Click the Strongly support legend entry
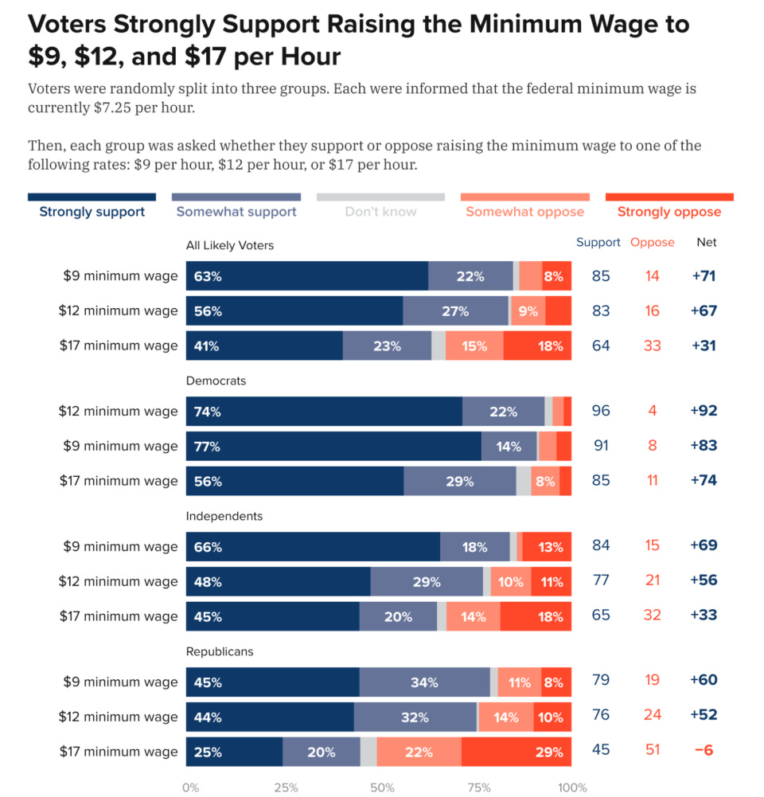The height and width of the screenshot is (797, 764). [92, 212]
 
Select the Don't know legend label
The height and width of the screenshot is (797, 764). [380, 212]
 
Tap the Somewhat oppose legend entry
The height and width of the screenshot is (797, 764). [525, 212]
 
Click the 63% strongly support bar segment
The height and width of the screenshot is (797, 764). [307, 276]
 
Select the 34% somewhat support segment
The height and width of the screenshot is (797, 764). [424, 682]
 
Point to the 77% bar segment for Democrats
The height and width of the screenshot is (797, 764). [333, 447]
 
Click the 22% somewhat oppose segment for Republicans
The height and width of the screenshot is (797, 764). [419, 752]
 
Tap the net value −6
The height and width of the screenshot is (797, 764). [704, 750]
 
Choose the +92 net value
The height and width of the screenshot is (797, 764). [704, 412]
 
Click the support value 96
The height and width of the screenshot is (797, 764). [601, 412]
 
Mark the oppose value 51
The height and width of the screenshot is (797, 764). [653, 750]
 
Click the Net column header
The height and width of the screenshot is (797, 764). [707, 242]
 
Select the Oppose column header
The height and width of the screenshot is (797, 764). [653, 242]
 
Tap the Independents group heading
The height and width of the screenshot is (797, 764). [224, 516]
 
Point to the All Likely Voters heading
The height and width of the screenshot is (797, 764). [230, 245]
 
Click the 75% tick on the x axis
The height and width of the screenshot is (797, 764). [478, 787]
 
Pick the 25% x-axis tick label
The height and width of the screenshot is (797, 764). [286, 787]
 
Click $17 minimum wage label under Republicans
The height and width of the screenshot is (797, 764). [119, 752]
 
